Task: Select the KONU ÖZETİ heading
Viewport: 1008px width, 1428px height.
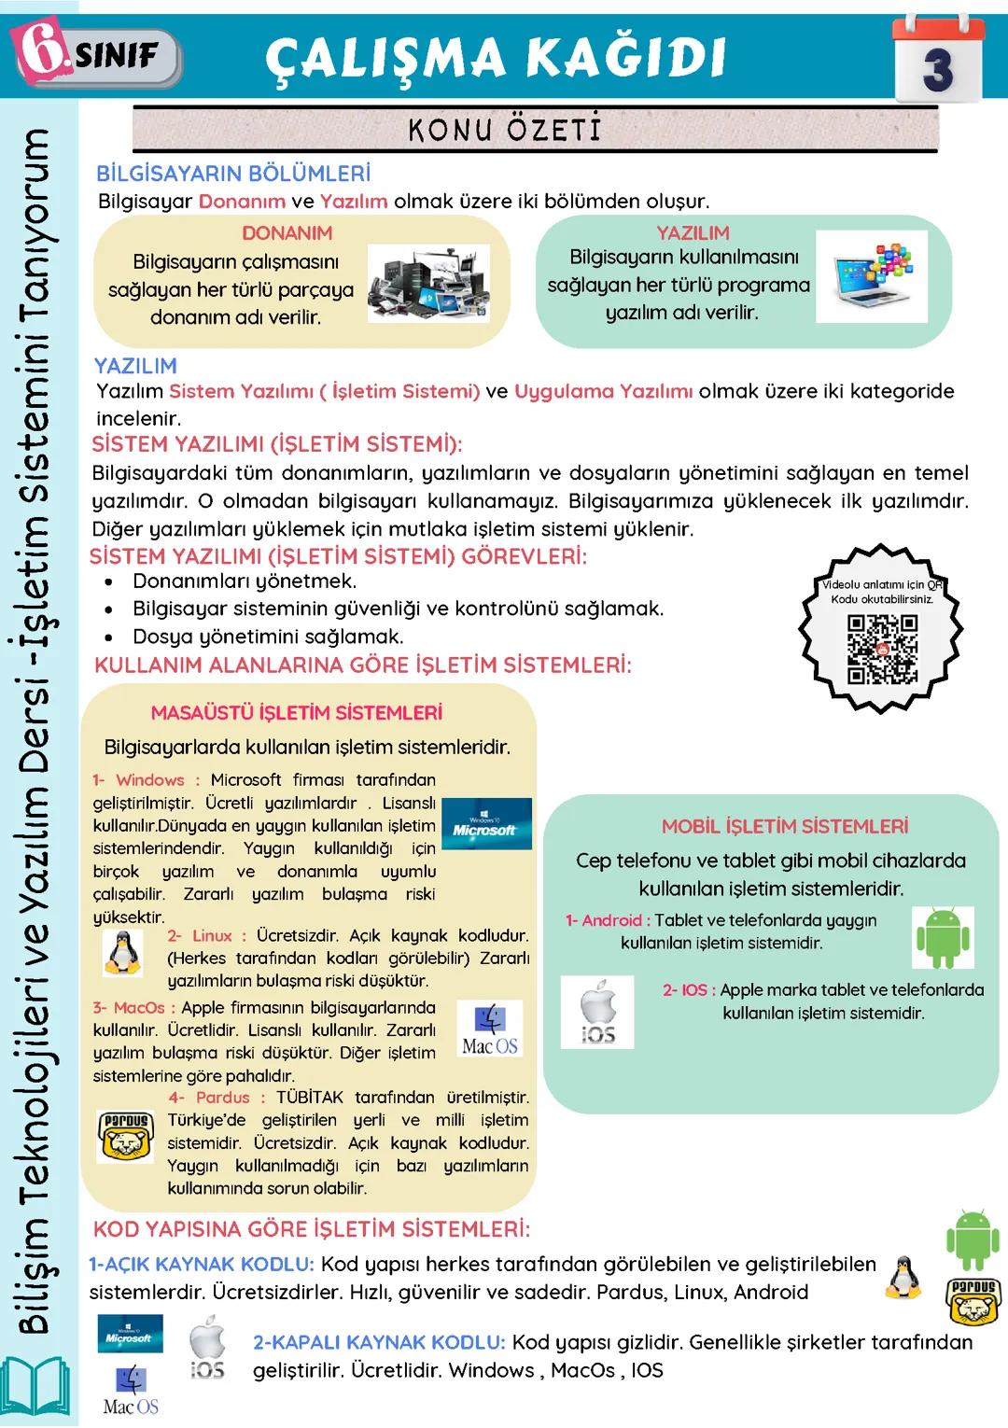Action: tap(505, 129)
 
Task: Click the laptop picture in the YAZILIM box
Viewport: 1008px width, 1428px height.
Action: tap(871, 276)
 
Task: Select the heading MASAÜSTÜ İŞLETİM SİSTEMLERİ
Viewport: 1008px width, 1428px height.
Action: tap(297, 713)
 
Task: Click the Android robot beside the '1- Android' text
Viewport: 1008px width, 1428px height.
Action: tap(944, 937)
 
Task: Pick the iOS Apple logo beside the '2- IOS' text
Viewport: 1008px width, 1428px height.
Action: tap(597, 1012)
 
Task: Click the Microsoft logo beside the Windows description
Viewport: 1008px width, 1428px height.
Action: tap(485, 824)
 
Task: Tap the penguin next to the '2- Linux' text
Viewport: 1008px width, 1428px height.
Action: tap(122, 953)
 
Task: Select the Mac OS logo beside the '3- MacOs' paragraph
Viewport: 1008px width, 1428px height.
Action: tap(490, 1029)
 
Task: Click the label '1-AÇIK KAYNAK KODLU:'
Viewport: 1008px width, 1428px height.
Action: tap(202, 1265)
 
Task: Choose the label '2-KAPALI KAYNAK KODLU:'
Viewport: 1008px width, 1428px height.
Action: tap(379, 1342)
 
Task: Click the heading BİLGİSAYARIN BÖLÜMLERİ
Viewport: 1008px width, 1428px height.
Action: tap(233, 174)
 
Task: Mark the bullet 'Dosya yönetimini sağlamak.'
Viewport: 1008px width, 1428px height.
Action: tap(268, 637)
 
